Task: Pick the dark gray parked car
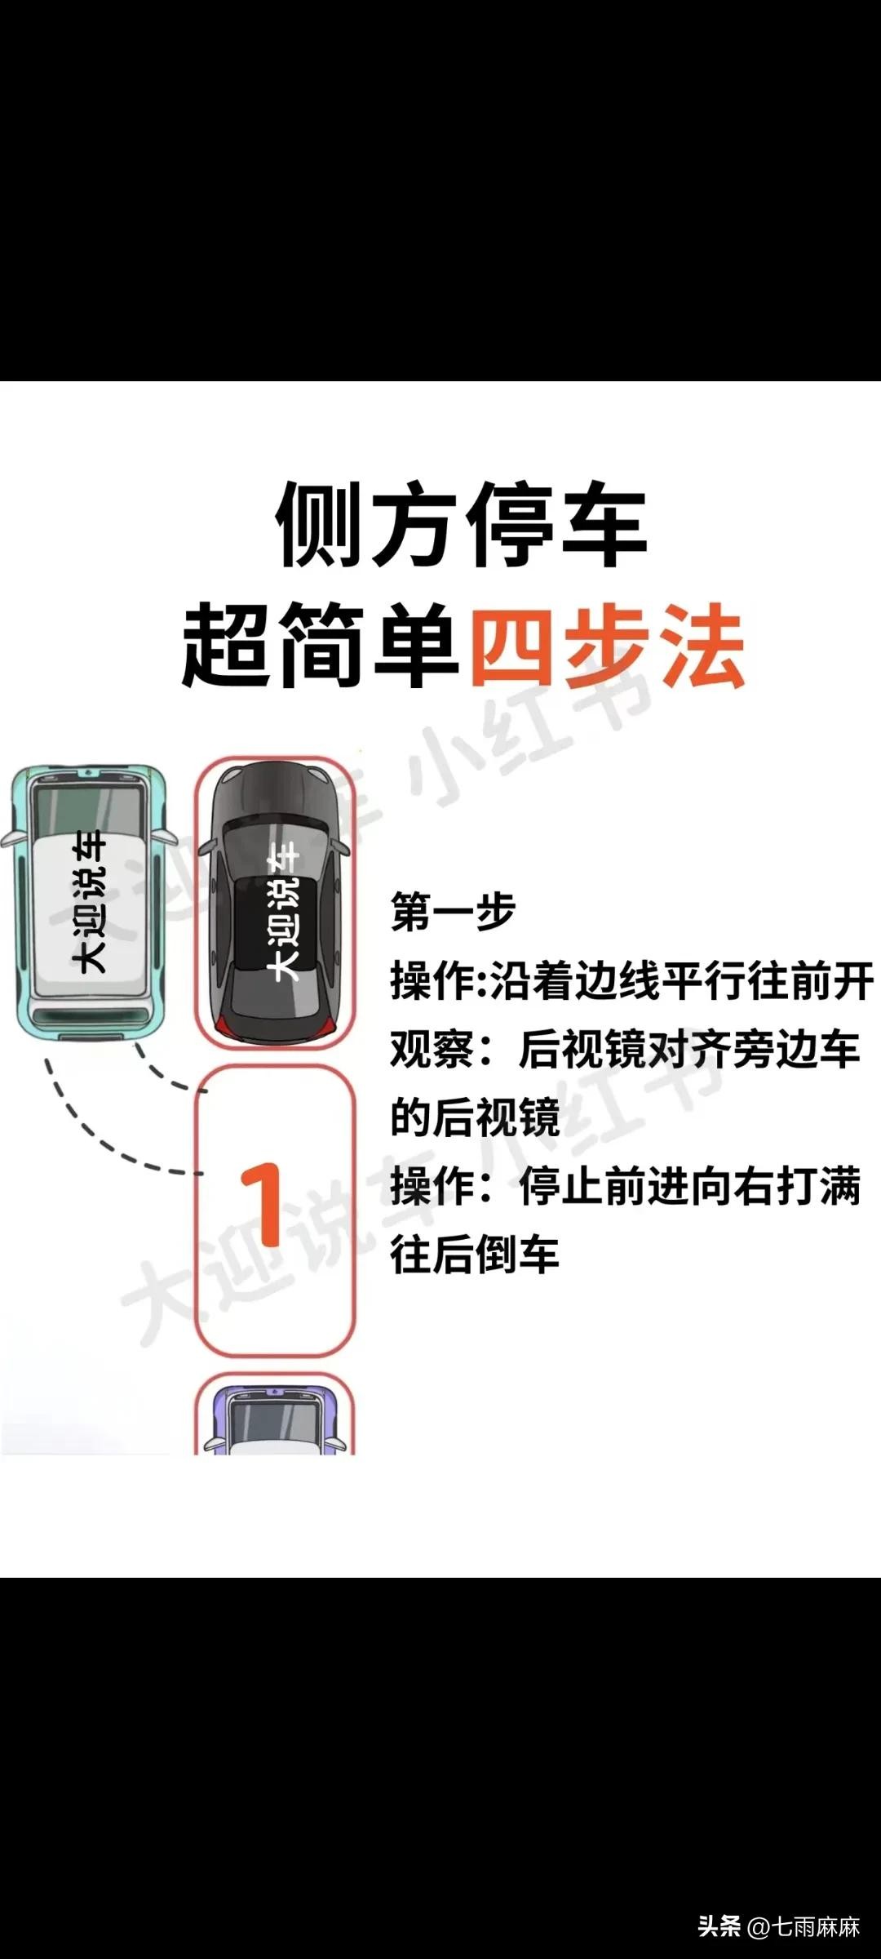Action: click(x=276, y=902)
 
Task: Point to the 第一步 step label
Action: click(x=453, y=912)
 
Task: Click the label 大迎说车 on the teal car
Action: click(x=90, y=902)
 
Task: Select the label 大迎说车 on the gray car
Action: click(x=285, y=912)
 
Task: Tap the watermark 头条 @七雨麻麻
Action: click(x=779, y=1927)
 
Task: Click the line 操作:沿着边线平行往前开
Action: click(x=632, y=980)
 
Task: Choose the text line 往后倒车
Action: click(x=475, y=1255)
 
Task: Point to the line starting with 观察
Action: click(x=625, y=1049)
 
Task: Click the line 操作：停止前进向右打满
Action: click(x=625, y=1186)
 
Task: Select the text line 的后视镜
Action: click(x=475, y=1117)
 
